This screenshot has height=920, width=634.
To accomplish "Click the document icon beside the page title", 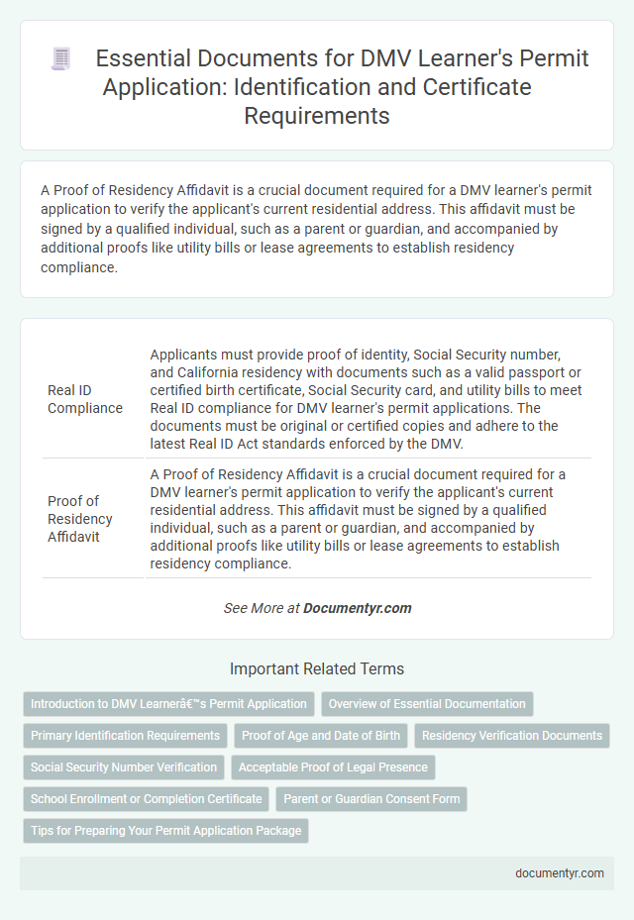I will (60, 59).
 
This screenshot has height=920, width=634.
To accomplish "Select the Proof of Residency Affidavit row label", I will (80, 518).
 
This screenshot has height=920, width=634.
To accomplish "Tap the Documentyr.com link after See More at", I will (358, 608).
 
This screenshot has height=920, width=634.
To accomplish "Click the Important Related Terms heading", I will (317, 668).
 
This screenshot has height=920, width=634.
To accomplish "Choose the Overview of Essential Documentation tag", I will (427, 704).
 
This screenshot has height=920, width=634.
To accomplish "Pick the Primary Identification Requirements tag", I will (126, 736).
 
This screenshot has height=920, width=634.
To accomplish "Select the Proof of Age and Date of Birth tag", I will (321, 736).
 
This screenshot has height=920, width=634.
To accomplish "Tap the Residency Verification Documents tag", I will (511, 736).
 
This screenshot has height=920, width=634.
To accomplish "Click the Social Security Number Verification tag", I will (124, 767).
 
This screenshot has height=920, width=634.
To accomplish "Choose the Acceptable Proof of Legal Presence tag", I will (333, 767).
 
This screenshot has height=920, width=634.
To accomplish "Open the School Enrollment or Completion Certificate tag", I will (147, 799).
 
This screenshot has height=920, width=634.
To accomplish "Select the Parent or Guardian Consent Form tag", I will (371, 799).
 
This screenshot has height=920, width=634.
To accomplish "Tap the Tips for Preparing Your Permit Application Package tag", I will (165, 831).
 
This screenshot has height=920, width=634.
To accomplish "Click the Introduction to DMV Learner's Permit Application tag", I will (168, 704).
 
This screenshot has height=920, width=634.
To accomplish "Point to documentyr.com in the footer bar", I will (562, 873).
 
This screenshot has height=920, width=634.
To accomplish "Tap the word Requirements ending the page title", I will (317, 115).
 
